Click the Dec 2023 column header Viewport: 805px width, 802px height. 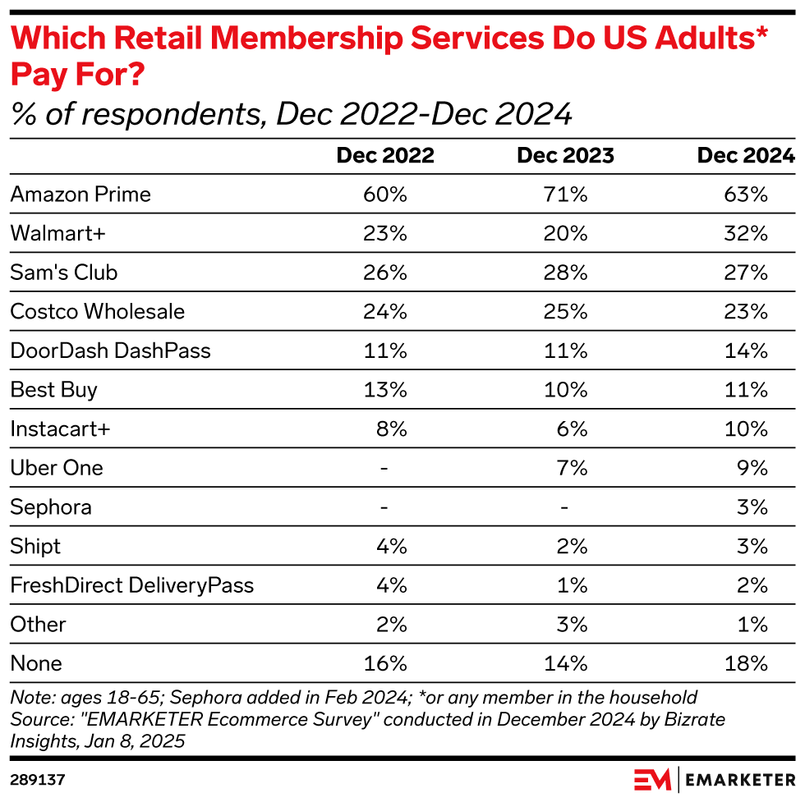click(x=565, y=156)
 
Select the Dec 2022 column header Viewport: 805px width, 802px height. click(x=385, y=156)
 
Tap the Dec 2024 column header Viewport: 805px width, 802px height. click(x=746, y=156)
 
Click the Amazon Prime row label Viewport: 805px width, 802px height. click(x=80, y=195)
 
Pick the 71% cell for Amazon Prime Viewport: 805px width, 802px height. click(x=565, y=195)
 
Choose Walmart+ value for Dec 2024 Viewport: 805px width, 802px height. click(x=746, y=233)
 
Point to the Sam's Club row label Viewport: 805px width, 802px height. click(x=64, y=273)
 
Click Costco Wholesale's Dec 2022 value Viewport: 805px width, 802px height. click(x=385, y=311)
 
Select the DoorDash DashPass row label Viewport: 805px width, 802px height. click(x=110, y=351)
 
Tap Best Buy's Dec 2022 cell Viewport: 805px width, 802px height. click(x=385, y=389)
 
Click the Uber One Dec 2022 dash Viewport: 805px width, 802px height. click(x=384, y=468)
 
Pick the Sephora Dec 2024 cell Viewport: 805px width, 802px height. click(x=752, y=506)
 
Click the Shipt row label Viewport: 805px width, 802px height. click(x=35, y=546)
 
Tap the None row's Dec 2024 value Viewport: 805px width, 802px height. click(x=746, y=662)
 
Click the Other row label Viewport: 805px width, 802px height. click(x=38, y=624)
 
